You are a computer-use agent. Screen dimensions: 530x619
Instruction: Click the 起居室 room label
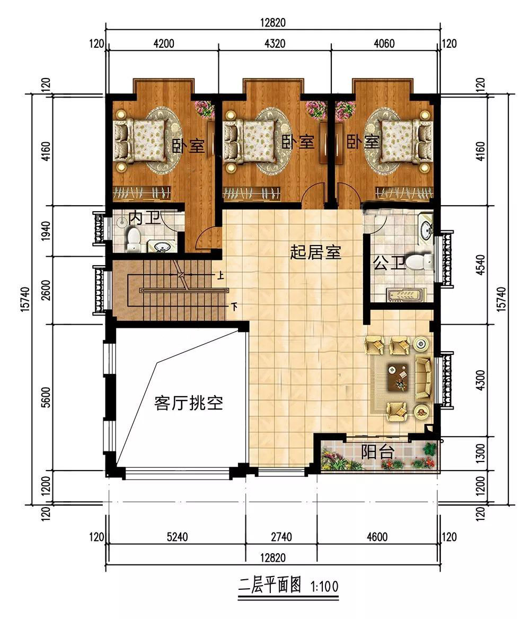click(x=315, y=252)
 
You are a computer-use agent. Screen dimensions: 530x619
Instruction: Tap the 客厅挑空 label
click(x=189, y=403)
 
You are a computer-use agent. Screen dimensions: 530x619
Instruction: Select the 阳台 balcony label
click(x=377, y=452)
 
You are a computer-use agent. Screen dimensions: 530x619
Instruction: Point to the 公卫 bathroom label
click(x=389, y=263)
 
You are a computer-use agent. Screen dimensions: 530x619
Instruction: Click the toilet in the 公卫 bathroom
click(x=419, y=263)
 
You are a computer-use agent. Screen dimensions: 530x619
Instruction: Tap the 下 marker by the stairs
click(x=234, y=306)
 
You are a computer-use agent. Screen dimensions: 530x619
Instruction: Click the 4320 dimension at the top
click(x=275, y=43)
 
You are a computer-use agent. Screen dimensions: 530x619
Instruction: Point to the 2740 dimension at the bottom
click(x=281, y=537)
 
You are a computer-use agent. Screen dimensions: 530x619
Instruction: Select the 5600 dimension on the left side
click(x=47, y=397)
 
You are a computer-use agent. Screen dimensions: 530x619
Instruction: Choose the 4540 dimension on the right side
click(x=481, y=265)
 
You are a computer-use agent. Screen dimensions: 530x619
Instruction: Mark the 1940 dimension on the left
click(x=47, y=231)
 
